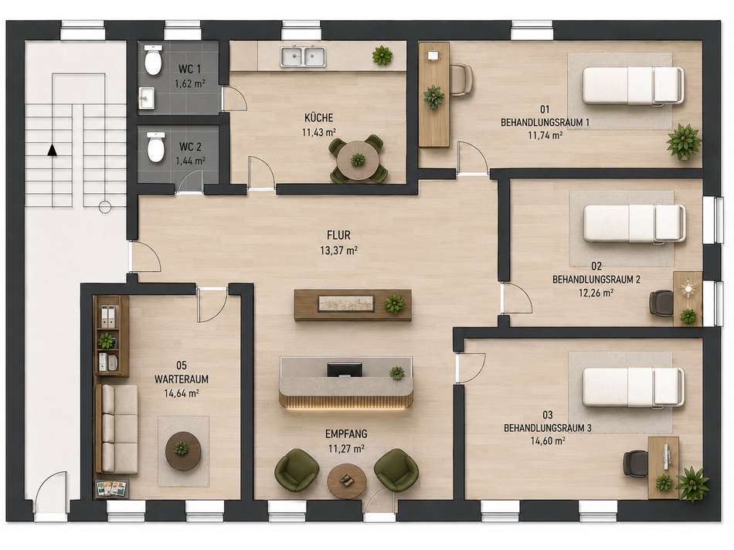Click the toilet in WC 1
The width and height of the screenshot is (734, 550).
[x=153, y=60]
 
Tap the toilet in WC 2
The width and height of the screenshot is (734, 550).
[x=156, y=147]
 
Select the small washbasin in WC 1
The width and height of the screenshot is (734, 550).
[x=147, y=98]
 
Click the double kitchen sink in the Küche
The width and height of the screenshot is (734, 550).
[x=304, y=56]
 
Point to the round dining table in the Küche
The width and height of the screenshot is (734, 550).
[x=359, y=160]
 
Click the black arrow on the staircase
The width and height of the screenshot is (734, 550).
[x=53, y=150]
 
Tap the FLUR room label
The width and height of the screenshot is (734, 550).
[x=339, y=235]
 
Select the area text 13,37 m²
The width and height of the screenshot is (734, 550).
[x=339, y=250]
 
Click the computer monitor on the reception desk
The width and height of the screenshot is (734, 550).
[x=345, y=370]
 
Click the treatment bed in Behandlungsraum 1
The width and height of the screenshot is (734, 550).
[x=633, y=85]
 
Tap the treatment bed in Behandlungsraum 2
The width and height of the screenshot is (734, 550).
[x=635, y=224]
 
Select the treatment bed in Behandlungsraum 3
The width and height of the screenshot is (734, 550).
[x=633, y=386]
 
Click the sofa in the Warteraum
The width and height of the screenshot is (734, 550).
[x=118, y=429]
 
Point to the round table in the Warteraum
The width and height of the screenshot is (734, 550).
[x=183, y=450]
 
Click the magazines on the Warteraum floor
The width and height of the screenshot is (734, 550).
[x=112, y=489]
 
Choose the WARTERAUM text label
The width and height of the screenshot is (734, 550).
[x=182, y=379]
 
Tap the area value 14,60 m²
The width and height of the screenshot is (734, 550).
[x=548, y=440]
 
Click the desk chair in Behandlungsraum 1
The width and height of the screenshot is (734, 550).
[x=461, y=80]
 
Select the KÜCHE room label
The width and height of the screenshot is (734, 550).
[x=319, y=118]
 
